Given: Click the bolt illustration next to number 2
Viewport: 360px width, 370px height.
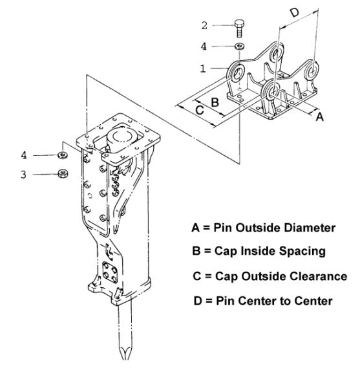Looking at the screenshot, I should tap(239, 28).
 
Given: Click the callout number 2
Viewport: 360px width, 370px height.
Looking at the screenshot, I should tap(204, 27).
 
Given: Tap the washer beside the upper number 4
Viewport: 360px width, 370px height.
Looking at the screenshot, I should tap(238, 47).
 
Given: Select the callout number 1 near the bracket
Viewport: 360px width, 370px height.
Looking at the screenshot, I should tap(204, 67).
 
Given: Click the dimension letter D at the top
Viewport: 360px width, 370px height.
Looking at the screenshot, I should tap(294, 12).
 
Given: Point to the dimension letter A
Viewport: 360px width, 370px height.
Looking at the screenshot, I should tap(318, 116).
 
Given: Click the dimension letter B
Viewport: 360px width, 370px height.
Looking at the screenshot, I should tap(215, 100).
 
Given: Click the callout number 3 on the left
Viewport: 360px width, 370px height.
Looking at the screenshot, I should tap(23, 174).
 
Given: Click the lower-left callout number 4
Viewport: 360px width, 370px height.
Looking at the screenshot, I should tap(23, 155).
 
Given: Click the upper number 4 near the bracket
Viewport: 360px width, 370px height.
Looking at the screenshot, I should tap(204, 47).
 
